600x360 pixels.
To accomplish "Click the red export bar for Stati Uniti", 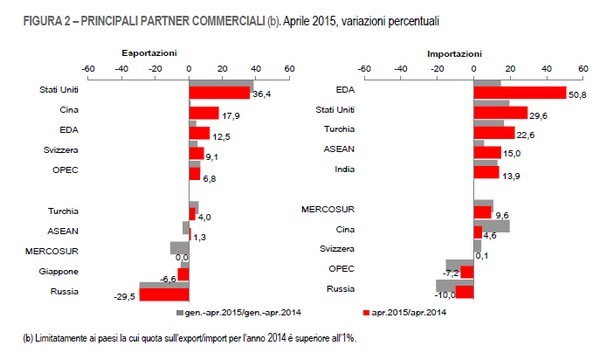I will (x=218, y=93).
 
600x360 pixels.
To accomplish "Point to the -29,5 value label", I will (x=125, y=297).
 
